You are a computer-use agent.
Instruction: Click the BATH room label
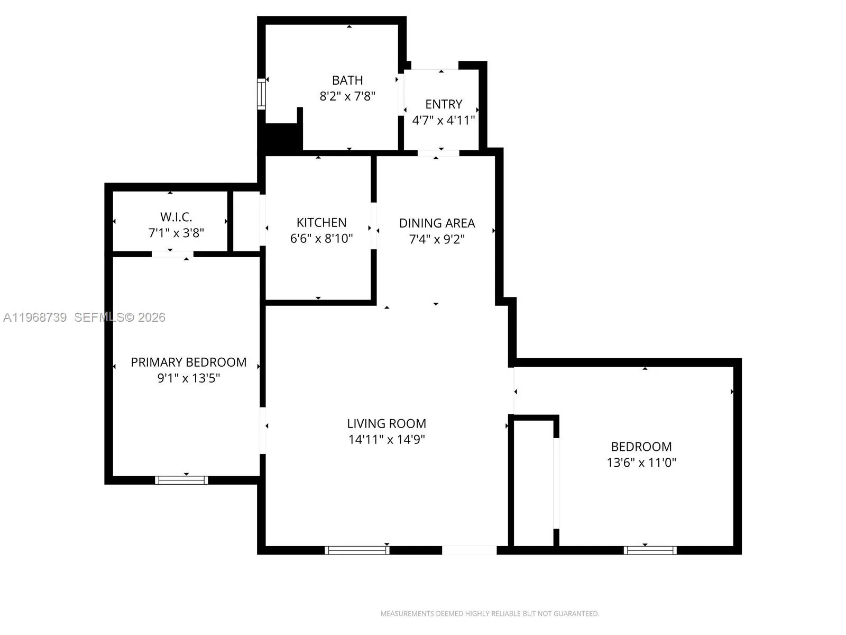(x=347, y=80)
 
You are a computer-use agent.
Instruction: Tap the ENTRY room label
(x=444, y=104)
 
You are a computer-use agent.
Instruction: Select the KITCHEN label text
(x=321, y=222)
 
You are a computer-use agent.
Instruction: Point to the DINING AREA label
(x=437, y=223)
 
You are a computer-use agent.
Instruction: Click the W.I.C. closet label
(x=176, y=217)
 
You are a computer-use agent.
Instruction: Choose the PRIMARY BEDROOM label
(x=189, y=362)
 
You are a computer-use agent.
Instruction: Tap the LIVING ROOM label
(x=387, y=424)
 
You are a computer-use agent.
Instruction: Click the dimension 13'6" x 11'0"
(x=641, y=462)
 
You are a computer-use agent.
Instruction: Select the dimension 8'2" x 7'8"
(x=347, y=96)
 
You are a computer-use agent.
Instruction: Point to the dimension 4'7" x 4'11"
(x=444, y=120)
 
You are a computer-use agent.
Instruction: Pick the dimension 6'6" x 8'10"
(x=321, y=238)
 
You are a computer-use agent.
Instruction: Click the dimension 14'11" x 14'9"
(x=387, y=439)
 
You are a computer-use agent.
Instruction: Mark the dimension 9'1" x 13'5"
(x=189, y=378)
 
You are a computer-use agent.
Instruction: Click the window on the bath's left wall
(x=261, y=94)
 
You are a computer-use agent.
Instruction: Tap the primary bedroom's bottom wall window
(x=181, y=480)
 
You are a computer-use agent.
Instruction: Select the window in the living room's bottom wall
(x=357, y=550)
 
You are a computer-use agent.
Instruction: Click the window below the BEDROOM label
(x=650, y=550)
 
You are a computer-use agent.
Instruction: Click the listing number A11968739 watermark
(x=35, y=317)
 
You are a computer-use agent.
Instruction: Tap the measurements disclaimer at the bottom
(x=490, y=614)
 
